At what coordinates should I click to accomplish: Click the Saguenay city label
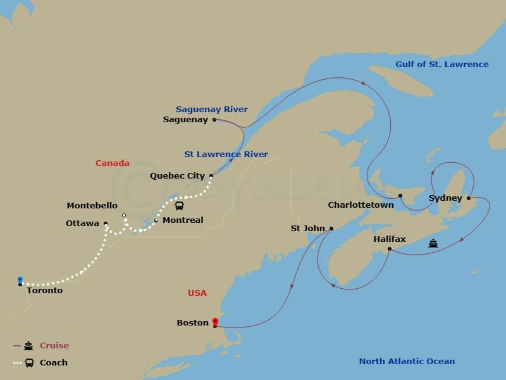pos(185,120)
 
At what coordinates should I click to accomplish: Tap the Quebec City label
pos(177,176)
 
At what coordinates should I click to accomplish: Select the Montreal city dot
pos(156,220)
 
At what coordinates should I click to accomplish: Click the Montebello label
pos(92,206)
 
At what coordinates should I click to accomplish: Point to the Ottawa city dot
pos(106,224)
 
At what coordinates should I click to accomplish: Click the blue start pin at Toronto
pos(20,279)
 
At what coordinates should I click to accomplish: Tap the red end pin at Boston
pos(215,321)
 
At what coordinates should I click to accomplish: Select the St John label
pos(307,229)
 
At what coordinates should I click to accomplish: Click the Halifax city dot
pos(389,249)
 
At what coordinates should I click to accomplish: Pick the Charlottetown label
pos(361,205)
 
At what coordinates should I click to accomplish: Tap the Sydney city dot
pos(469,198)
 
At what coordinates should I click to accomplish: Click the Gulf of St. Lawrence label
pos(441,64)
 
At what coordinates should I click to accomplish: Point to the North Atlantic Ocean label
pos(407,362)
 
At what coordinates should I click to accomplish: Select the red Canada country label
pos(113,163)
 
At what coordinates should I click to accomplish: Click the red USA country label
pos(197,293)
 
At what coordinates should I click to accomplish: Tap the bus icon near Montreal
pos(180,206)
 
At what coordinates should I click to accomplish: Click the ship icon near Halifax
pos(433,243)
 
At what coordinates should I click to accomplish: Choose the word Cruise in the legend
pos(54,346)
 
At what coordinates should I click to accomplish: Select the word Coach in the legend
pos(54,363)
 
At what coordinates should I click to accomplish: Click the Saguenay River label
pos(212,109)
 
